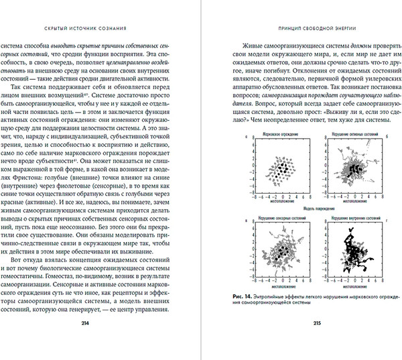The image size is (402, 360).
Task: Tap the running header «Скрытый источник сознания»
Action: [103, 29]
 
